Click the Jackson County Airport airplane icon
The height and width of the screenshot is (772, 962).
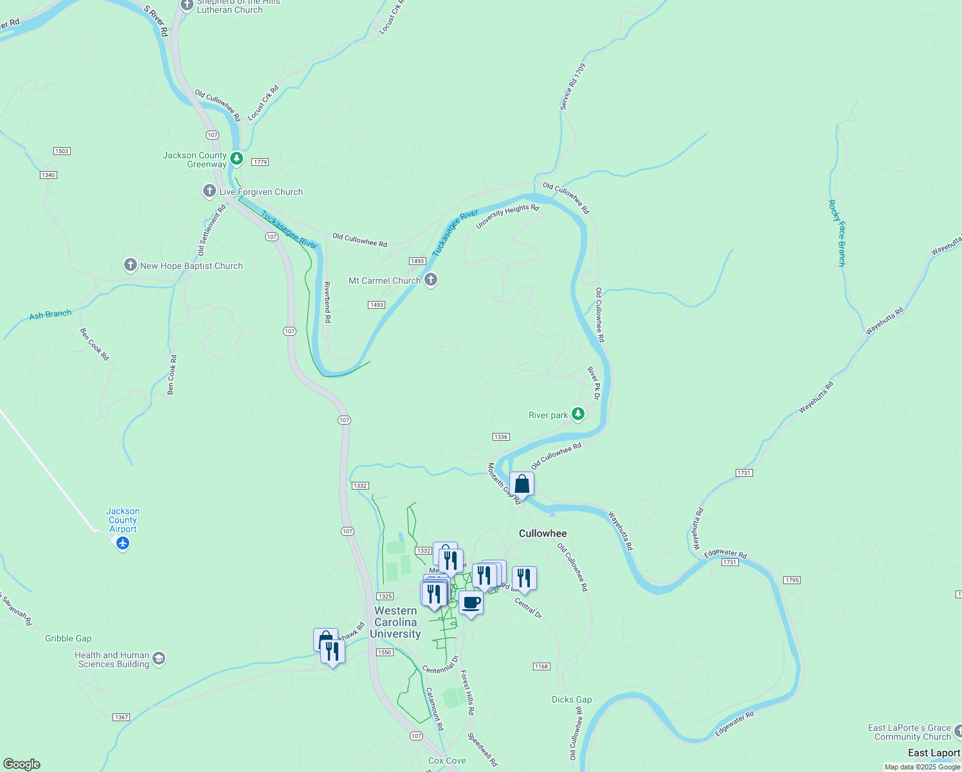click(123, 544)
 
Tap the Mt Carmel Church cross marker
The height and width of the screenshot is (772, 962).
click(431, 280)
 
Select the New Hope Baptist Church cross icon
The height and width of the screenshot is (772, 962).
click(131, 265)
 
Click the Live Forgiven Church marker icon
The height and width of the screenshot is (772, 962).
click(209, 191)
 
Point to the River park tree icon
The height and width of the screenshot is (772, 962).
click(578, 414)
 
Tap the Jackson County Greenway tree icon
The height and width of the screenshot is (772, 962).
click(237, 158)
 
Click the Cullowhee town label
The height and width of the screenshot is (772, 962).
click(543, 533)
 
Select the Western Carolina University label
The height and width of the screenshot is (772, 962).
click(395, 622)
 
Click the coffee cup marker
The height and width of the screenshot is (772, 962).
click(471, 603)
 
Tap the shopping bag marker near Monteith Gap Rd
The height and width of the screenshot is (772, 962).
click(522, 484)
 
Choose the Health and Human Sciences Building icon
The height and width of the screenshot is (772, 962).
click(159, 659)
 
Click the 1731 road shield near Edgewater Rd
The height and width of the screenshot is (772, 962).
click(729, 562)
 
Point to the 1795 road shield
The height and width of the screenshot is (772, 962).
click(792, 580)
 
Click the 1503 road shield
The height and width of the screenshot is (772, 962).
click(62, 151)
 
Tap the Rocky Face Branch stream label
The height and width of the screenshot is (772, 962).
click(837, 233)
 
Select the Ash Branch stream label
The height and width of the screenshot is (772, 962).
click(50, 315)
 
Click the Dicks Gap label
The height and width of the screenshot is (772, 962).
click(572, 699)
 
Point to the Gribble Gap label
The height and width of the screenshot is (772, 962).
click(68, 638)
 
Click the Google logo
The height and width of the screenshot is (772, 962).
click(21, 764)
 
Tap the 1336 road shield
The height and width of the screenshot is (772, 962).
click(501, 437)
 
